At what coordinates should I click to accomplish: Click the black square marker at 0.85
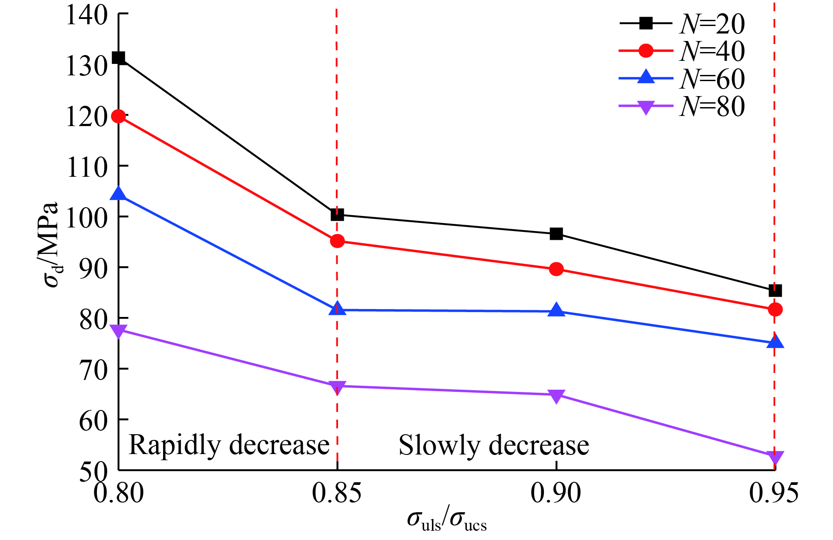click(337, 215)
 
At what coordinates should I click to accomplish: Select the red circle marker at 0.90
click(556, 269)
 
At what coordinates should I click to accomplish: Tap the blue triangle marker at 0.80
click(118, 194)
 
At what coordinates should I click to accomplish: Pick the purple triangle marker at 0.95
click(775, 457)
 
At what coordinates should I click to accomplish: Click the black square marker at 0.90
click(556, 234)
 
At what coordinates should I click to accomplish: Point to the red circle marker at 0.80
click(118, 116)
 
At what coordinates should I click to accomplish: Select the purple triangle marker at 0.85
click(337, 387)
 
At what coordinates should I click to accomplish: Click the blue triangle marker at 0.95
click(775, 342)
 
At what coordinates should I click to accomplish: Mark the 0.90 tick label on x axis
click(556, 492)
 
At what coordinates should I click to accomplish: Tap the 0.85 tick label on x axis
click(337, 492)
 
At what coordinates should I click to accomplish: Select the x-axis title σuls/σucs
click(446, 520)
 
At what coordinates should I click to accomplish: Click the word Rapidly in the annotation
click(174, 445)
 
